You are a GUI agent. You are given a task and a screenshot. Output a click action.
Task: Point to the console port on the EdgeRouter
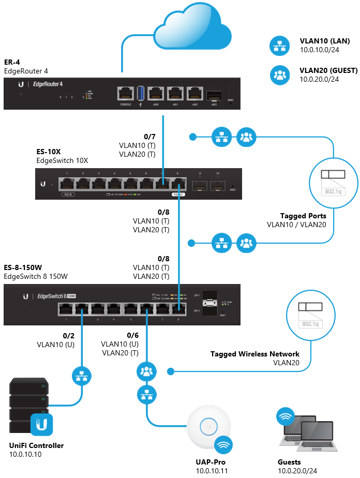pos(126,94)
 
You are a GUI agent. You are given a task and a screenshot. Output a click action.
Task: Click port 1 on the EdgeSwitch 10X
pos(67,183)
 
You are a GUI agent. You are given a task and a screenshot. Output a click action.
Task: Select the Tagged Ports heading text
pos(303,216)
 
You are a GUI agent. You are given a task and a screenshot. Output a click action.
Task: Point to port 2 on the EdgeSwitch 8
pos(82,309)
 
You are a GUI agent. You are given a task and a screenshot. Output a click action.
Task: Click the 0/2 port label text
pos(69,336)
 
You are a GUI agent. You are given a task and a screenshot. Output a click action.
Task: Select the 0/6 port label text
pos(133,336)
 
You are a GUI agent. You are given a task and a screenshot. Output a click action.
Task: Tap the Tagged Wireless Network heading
pos(254,354)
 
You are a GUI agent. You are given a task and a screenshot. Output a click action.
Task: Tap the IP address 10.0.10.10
pos(25,454)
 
